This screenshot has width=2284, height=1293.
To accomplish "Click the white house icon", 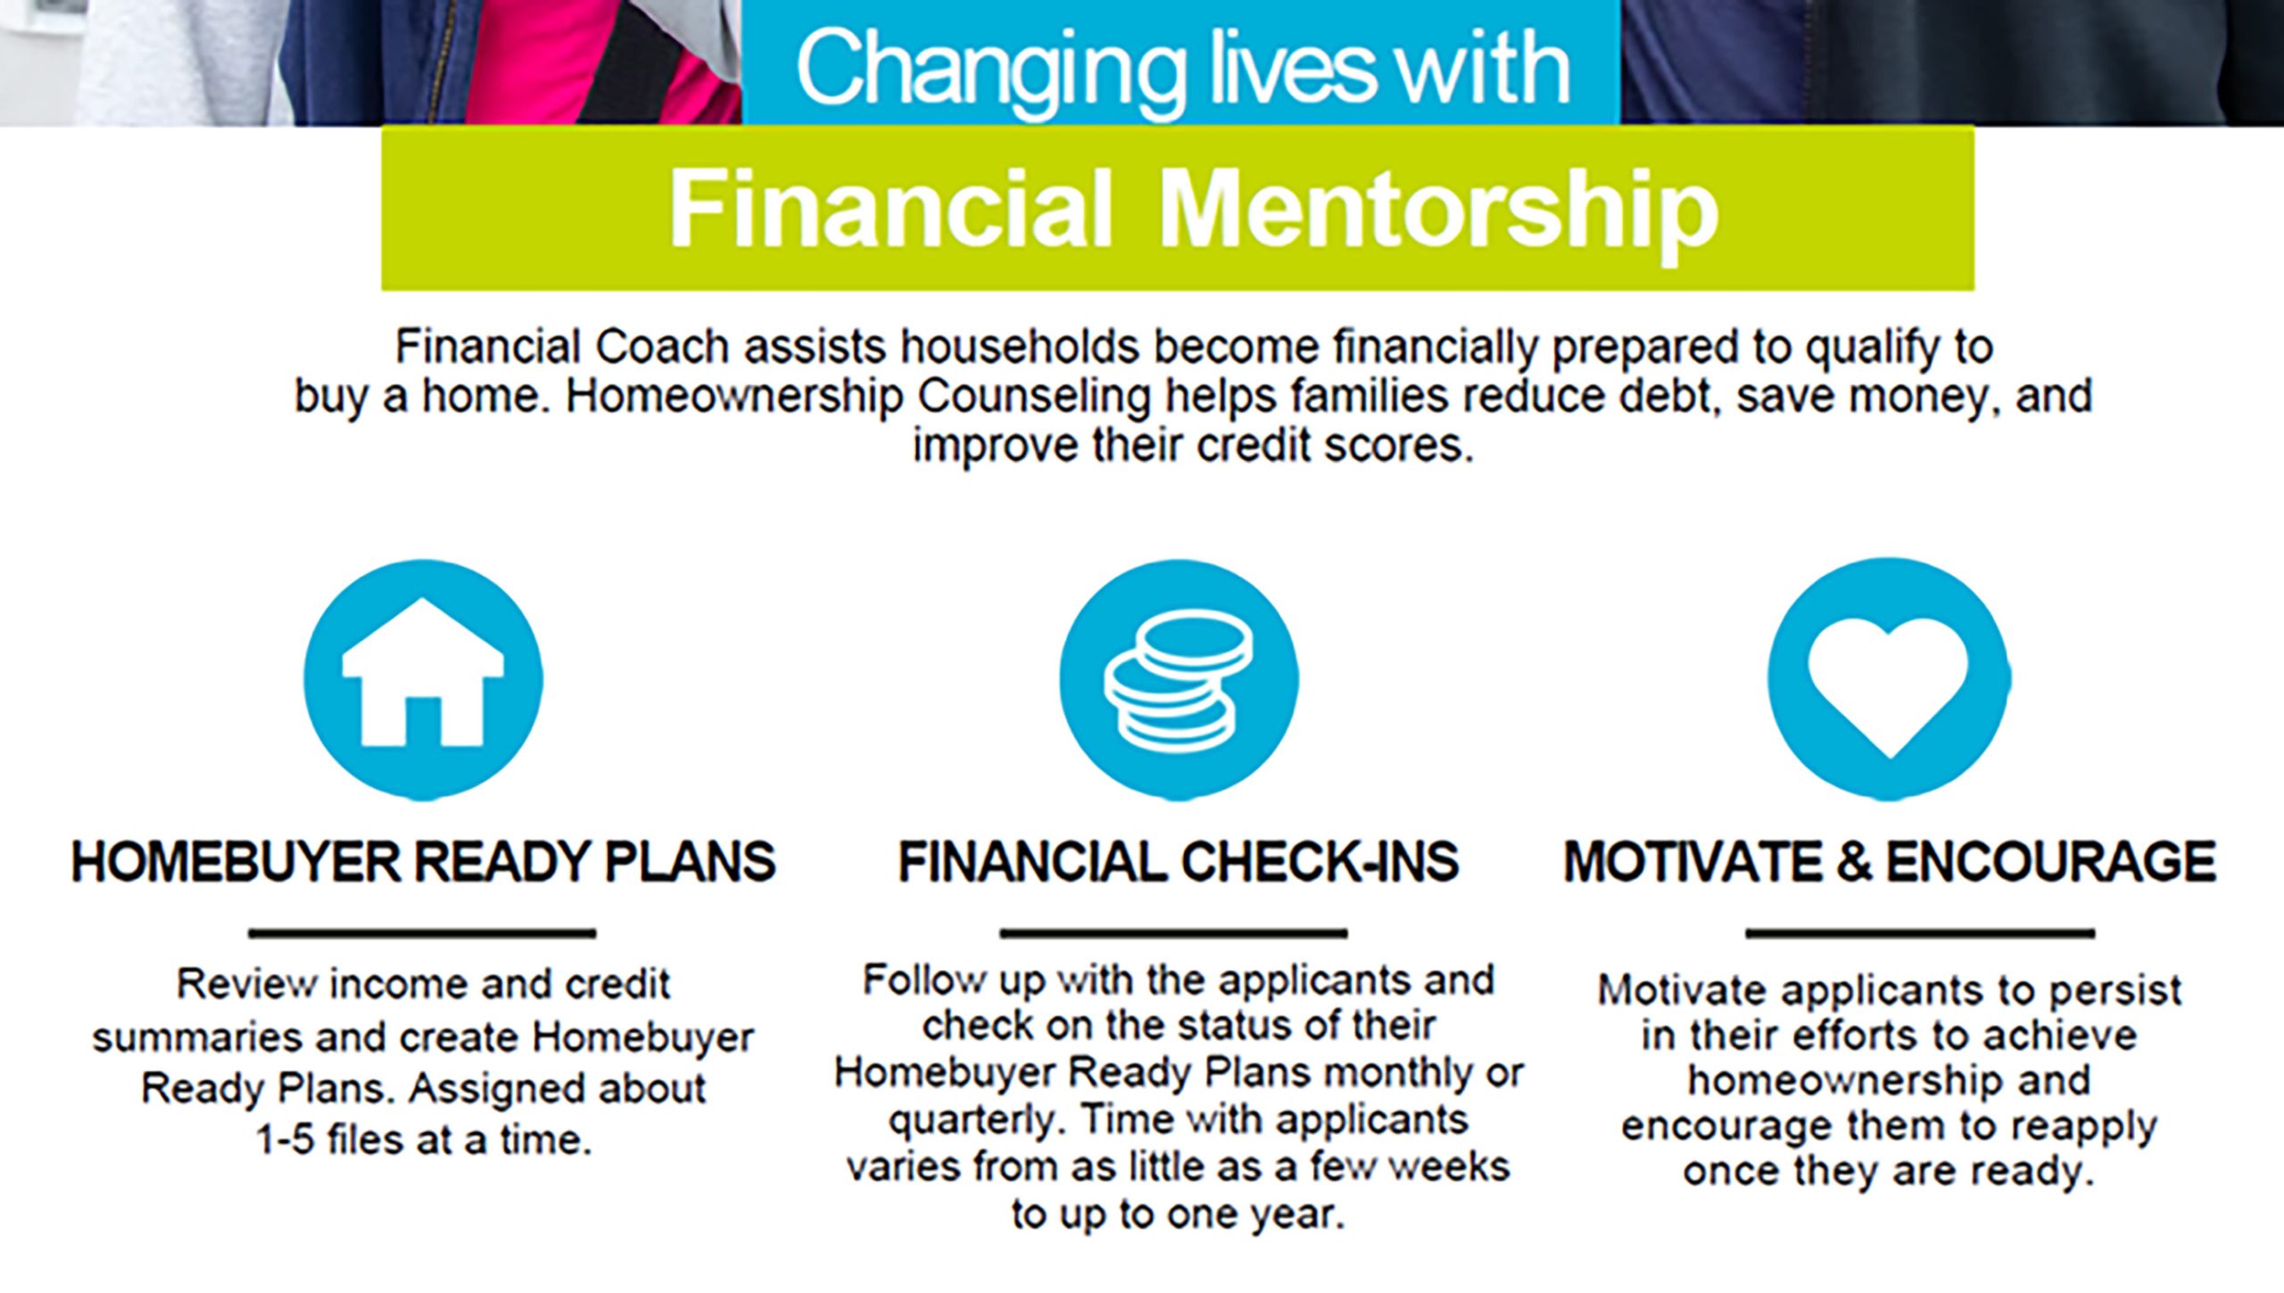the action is pyautogui.click(x=423, y=673).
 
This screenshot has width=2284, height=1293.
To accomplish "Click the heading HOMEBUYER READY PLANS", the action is pyautogui.click(x=423, y=862).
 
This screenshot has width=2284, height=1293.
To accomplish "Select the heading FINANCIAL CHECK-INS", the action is pyautogui.click(x=1178, y=862).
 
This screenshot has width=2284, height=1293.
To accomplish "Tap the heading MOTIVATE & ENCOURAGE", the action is pyautogui.click(x=1890, y=862).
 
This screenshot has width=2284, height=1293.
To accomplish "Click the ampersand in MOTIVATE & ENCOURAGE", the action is pyautogui.click(x=1854, y=862).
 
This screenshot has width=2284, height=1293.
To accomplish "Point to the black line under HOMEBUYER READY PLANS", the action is pyautogui.click(x=422, y=933).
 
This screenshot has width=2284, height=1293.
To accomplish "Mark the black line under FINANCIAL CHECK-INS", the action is pyautogui.click(x=1173, y=933).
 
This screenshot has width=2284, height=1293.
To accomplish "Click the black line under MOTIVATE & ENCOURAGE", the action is pyautogui.click(x=1920, y=933).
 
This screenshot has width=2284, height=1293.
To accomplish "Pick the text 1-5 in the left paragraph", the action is pyautogui.click(x=285, y=1140).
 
